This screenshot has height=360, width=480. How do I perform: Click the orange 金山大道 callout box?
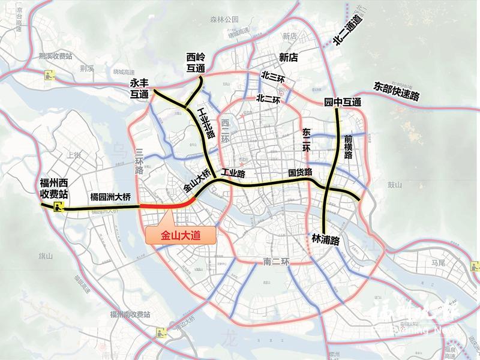[x=180, y=236]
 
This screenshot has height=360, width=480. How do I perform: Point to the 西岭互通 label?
[x=196, y=64]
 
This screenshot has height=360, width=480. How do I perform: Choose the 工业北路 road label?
[x=202, y=124]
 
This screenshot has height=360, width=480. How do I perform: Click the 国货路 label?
[x=300, y=173]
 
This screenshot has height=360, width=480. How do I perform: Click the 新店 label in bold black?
[x=289, y=58]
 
